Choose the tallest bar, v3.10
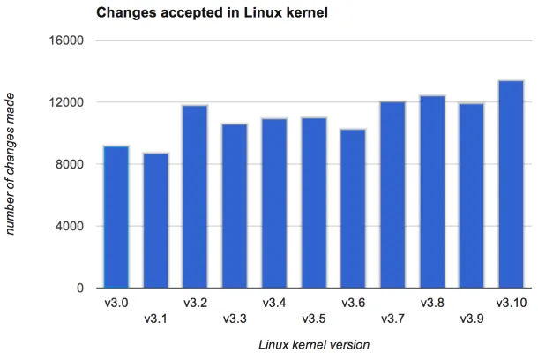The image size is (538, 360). (511, 184)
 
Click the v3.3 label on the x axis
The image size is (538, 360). (235, 318)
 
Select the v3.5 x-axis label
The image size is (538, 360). (314, 318)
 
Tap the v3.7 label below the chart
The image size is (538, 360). (392, 318)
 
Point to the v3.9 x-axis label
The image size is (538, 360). (472, 318)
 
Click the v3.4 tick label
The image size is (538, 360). (274, 303)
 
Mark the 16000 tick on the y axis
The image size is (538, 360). (66, 41)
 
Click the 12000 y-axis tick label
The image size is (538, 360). (66, 102)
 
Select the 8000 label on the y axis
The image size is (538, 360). (70, 164)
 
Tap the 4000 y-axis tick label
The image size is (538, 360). (70, 226)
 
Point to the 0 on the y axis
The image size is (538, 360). (78, 288)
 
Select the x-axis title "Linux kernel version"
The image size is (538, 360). (313, 344)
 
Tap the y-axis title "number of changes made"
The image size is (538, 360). (12, 166)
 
